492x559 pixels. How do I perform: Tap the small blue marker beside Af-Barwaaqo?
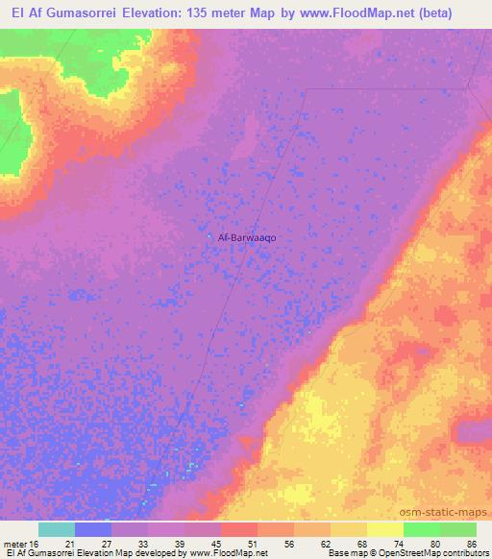[x=211, y=236]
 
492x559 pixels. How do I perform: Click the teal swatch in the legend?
[x=57, y=529]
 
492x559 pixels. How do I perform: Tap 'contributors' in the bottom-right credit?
[x=465, y=553]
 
